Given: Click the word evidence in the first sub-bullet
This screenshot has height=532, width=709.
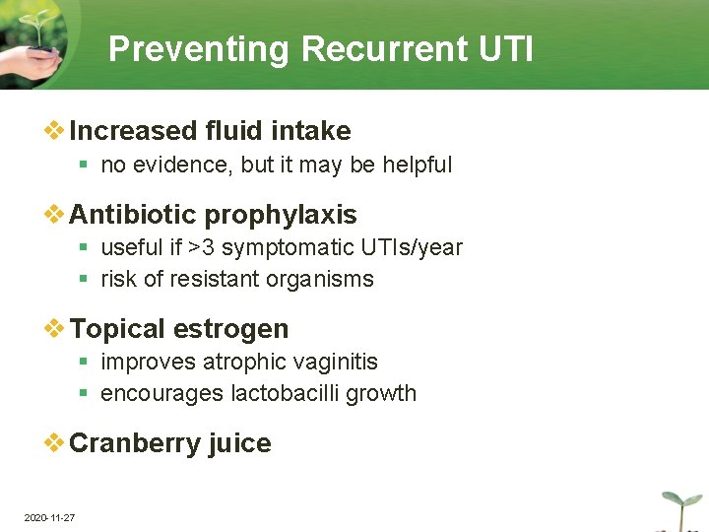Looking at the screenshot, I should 185,166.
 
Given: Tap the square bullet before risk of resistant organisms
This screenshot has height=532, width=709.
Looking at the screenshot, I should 86,280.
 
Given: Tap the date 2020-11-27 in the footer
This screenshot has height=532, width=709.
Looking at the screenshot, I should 49,517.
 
